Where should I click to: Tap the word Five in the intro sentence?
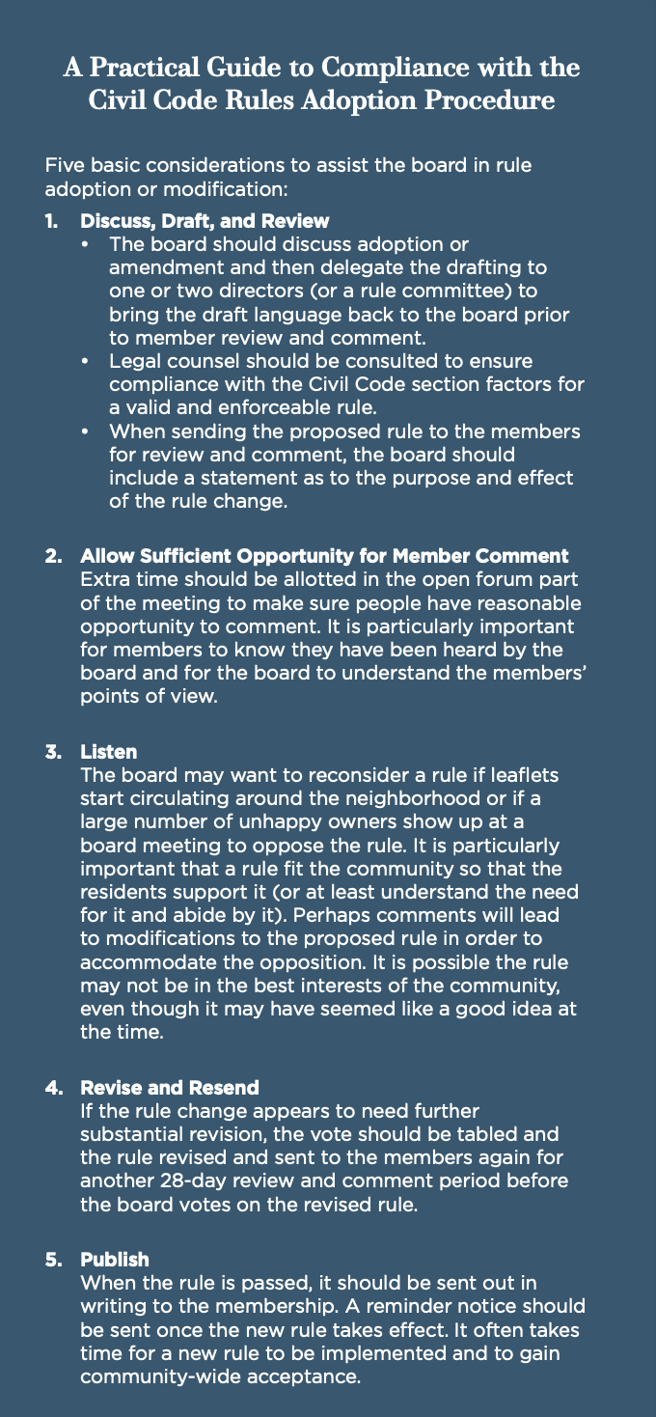click(x=64, y=166)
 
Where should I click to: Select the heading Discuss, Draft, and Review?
click(x=205, y=222)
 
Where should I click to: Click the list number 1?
click(x=50, y=222)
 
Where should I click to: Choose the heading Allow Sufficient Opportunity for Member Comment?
click(x=324, y=557)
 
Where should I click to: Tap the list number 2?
click(x=51, y=557)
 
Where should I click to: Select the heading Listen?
click(x=108, y=752)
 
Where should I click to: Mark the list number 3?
click(x=51, y=752)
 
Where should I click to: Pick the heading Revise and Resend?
click(x=170, y=1088)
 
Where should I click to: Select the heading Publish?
click(x=115, y=1260)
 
